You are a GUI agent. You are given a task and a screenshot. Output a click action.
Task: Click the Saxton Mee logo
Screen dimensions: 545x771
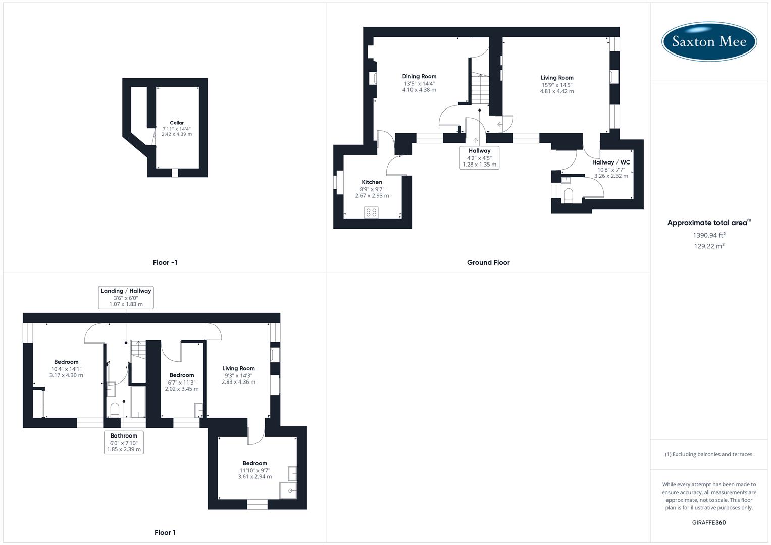click(x=709, y=41)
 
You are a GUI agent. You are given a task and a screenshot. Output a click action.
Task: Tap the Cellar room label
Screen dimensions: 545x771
click(x=177, y=123)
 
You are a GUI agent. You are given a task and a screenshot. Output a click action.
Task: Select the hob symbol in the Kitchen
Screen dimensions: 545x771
click(x=372, y=212)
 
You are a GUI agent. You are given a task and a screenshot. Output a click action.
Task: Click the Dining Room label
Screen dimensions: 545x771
click(x=419, y=77)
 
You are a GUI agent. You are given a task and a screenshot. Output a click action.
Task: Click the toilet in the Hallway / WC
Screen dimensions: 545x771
click(x=569, y=195)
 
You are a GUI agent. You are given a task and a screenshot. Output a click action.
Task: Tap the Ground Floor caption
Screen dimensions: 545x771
click(x=488, y=262)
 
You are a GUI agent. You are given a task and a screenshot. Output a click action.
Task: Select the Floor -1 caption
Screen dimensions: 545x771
click(x=165, y=262)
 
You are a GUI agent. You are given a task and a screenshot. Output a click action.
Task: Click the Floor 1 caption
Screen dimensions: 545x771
click(x=165, y=532)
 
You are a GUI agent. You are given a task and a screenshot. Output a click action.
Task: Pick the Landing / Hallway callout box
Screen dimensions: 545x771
click(x=126, y=297)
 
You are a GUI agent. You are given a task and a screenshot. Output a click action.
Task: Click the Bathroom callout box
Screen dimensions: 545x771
click(x=124, y=442)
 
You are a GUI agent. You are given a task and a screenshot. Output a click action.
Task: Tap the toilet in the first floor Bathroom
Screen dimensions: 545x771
click(x=115, y=408)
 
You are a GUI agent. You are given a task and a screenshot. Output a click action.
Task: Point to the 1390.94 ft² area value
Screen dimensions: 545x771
click(x=709, y=235)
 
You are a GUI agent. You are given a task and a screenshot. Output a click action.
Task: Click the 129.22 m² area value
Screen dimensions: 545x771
click(x=709, y=246)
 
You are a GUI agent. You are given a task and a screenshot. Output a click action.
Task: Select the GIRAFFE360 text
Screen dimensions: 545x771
click(x=708, y=522)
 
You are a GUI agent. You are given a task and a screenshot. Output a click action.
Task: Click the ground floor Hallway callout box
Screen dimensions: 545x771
click(x=479, y=157)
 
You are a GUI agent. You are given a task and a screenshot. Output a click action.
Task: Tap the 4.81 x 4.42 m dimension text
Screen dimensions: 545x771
click(x=557, y=91)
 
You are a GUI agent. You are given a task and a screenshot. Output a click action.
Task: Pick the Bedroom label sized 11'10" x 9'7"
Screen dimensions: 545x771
click(x=255, y=463)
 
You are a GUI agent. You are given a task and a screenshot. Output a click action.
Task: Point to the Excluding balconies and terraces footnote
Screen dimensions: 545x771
click(x=709, y=454)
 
